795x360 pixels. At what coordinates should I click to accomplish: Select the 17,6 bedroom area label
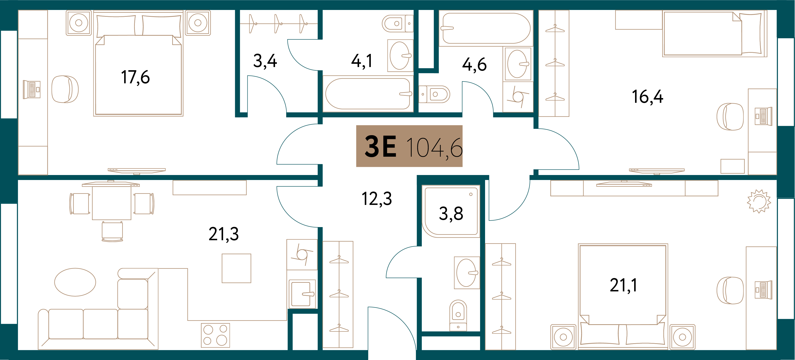click(x=135, y=77)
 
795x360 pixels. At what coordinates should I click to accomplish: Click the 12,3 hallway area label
click(x=377, y=199)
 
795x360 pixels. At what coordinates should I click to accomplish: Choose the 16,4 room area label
click(x=648, y=97)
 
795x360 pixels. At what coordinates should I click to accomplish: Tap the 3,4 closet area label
click(x=265, y=61)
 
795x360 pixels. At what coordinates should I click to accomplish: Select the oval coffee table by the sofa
click(x=75, y=282)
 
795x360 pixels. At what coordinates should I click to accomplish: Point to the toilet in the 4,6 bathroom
click(x=434, y=94)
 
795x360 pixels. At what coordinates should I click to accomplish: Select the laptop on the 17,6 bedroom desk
click(x=32, y=89)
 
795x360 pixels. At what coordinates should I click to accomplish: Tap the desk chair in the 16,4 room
click(x=730, y=117)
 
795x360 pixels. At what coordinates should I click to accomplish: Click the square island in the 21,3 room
click(x=236, y=268)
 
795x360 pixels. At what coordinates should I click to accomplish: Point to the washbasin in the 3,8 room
click(x=467, y=273)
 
